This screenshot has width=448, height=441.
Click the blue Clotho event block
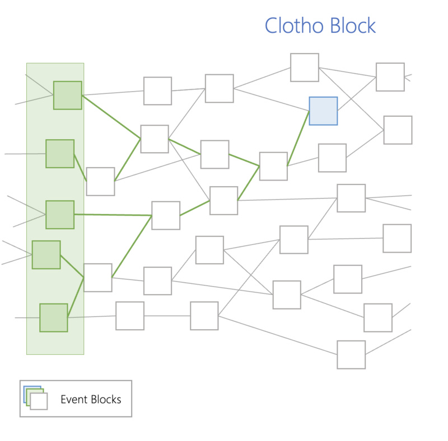coord(323,111)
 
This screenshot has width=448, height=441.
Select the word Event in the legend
coord(74,399)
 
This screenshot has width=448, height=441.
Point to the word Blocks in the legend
coord(106,399)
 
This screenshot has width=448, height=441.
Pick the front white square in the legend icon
coord(39,401)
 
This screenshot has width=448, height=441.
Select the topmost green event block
coord(68,95)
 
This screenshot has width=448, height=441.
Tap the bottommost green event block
coord(54,317)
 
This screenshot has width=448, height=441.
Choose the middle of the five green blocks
coord(60,215)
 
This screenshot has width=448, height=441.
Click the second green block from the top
coord(60,154)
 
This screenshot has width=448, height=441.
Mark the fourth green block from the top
coord(46,254)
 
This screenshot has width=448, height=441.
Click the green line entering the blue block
coord(298,138)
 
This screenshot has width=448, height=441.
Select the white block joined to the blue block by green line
coord(273,166)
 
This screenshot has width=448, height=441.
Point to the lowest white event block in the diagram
coord(351,354)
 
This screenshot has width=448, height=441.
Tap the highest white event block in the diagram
coord(305,68)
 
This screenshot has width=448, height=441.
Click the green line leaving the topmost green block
coord(111,116)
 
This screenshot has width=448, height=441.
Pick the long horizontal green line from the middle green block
coord(113,215)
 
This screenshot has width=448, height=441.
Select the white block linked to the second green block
coord(100,181)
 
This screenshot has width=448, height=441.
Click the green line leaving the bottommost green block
coord(76,297)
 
